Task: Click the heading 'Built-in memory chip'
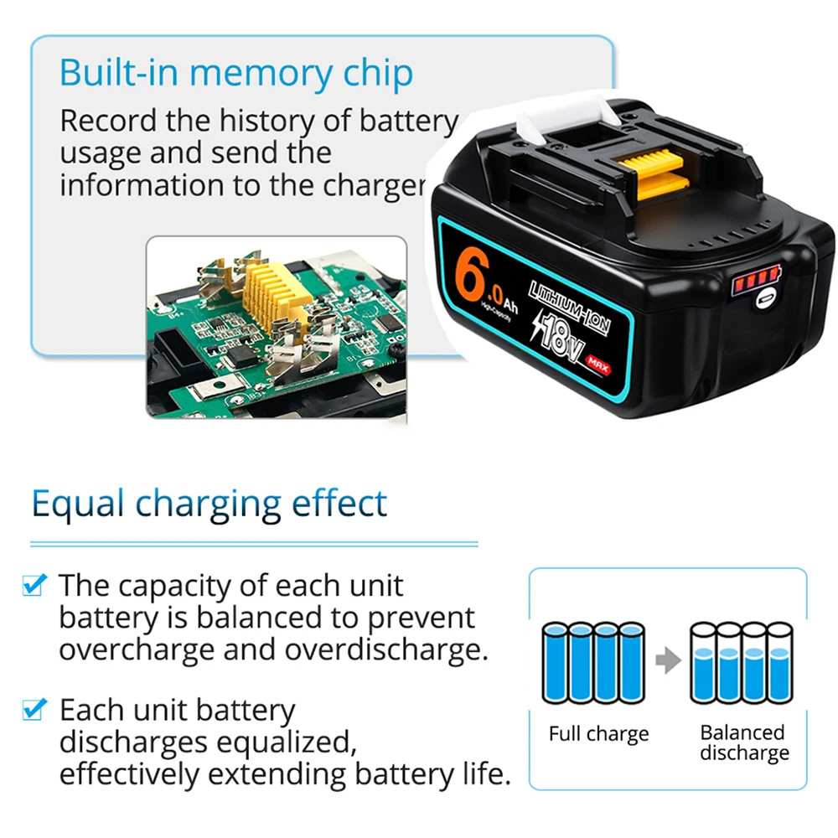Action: [x=235, y=74]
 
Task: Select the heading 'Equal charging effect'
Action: [x=209, y=504]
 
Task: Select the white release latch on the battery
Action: [x=561, y=120]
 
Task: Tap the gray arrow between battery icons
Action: [x=667, y=661]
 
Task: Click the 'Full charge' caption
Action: [x=598, y=734]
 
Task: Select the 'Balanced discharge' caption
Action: [x=743, y=742]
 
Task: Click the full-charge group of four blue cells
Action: [x=594, y=662]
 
